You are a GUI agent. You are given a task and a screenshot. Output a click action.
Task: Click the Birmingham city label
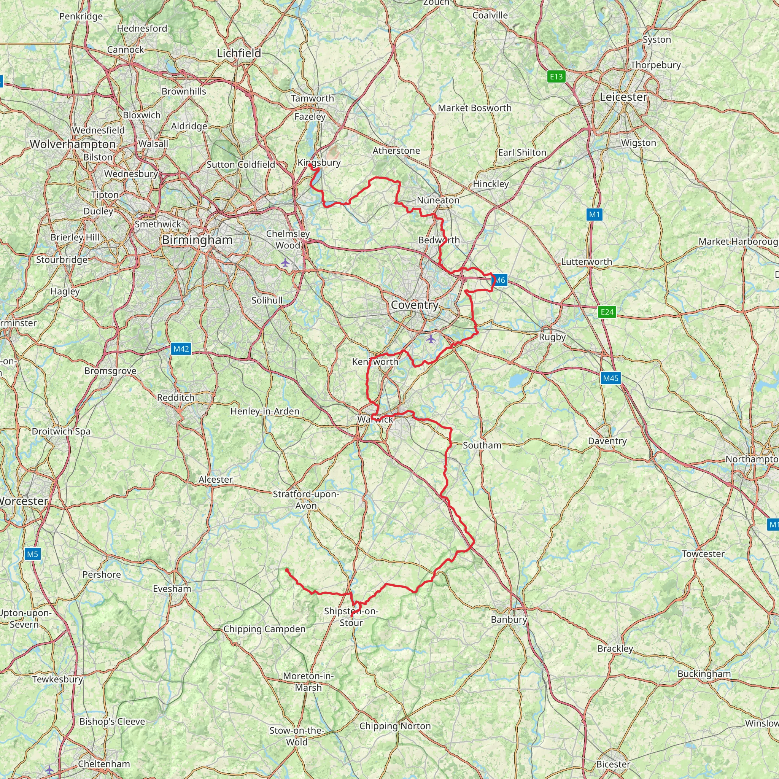point(197,240)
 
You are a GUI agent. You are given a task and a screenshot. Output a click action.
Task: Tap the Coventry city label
point(415,305)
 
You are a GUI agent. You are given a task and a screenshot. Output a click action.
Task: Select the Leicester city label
point(623,97)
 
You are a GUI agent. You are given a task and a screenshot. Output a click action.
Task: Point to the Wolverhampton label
point(73,144)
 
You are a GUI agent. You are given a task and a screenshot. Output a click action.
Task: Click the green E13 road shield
point(556,76)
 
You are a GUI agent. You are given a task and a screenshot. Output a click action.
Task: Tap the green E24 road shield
point(607,312)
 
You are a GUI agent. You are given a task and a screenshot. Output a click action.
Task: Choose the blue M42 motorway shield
point(181,349)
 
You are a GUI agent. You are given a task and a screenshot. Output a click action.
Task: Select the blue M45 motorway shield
point(610,378)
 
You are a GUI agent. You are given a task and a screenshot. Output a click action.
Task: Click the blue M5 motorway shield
point(32,554)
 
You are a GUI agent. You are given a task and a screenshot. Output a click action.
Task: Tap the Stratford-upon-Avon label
point(306,499)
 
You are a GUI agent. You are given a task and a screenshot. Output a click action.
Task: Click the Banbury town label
point(509,619)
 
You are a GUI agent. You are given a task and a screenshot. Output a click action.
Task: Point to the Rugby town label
point(552,337)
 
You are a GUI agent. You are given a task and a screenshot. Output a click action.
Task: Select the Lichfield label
point(239,53)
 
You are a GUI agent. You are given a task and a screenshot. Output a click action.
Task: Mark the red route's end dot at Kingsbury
point(310,165)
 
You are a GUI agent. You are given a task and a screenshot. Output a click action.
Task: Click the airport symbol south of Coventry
point(431,339)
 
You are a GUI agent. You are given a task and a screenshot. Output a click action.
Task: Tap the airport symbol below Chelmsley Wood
point(285,263)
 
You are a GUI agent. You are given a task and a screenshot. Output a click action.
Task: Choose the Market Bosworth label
point(475,108)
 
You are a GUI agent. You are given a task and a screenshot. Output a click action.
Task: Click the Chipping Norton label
point(395,726)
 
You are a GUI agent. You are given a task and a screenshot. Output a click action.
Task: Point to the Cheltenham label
point(104,764)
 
